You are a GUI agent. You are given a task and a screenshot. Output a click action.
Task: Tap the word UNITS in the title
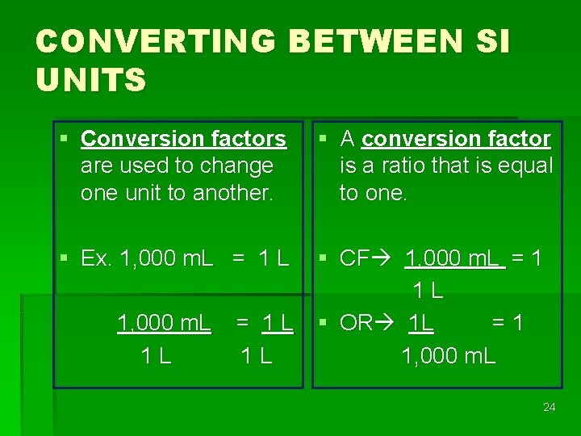90,80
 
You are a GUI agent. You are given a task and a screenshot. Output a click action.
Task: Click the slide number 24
549,407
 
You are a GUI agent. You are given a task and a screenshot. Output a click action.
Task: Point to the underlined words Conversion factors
183,139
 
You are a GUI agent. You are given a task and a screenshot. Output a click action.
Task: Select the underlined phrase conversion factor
456,139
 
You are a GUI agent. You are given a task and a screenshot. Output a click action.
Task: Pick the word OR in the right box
356,323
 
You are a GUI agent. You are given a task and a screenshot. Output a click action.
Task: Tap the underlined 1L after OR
420,323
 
